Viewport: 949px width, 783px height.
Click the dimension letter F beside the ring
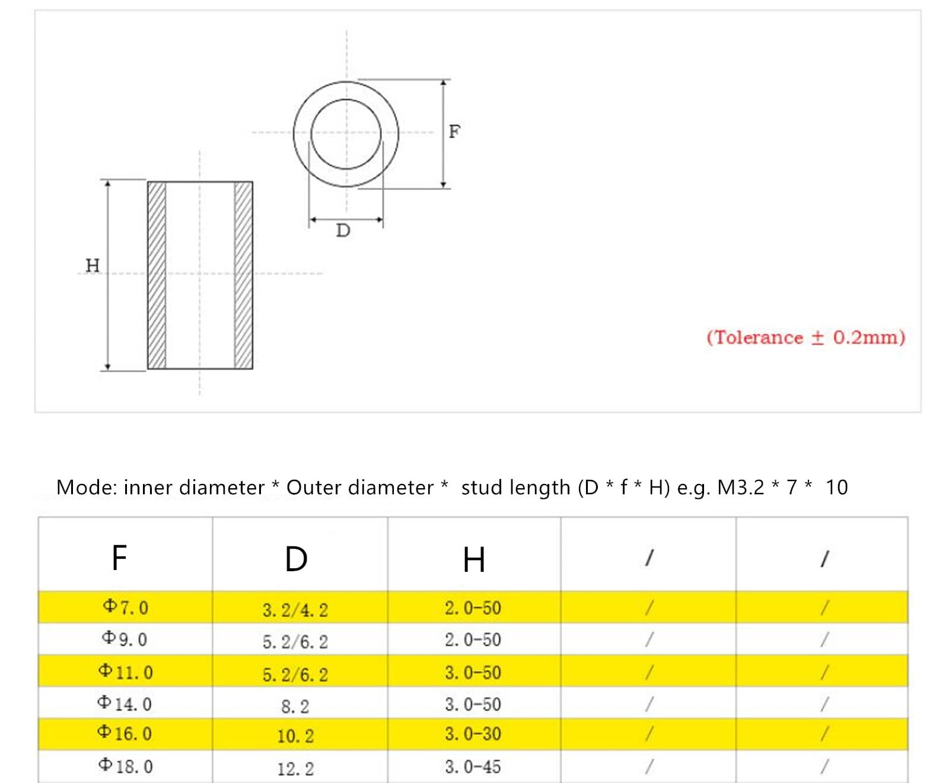click(454, 131)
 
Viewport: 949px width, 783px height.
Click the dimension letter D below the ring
click(343, 231)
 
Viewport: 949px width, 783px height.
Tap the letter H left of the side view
click(93, 265)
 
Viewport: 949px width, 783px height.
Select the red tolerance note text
click(805, 338)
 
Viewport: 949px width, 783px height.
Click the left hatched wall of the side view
click(157, 275)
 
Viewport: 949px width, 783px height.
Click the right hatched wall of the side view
click(243, 275)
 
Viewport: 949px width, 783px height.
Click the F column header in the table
click(119, 558)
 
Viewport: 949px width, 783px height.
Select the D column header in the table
click(296, 559)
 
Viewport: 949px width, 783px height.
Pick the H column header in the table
click(473, 560)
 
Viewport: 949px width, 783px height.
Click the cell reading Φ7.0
click(125, 607)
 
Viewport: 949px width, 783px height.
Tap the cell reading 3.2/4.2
click(295, 610)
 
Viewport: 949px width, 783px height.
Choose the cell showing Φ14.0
click(125, 704)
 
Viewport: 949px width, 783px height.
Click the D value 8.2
click(295, 706)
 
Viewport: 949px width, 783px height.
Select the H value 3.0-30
click(473, 734)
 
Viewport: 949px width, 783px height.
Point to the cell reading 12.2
click(295, 769)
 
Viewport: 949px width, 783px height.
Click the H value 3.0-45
click(473, 766)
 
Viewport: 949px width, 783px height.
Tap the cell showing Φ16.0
click(125, 733)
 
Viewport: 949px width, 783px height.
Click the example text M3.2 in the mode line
click(740, 488)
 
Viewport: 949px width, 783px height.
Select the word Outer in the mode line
click(314, 488)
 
